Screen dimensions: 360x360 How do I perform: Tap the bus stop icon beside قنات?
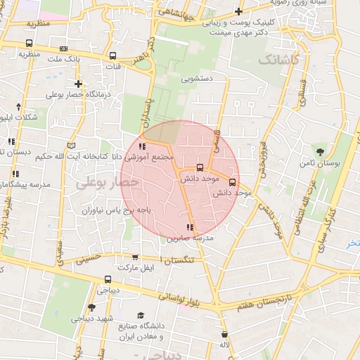pyautogui.click(x=113, y=56)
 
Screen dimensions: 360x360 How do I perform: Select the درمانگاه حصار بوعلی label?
pyautogui.click(x=75, y=94)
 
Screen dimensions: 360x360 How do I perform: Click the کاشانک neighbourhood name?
pyautogui.click(x=278, y=61)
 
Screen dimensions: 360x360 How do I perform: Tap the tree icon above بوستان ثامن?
pyautogui.click(x=320, y=151)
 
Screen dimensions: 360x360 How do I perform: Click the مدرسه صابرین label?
pyautogui.click(x=190, y=238)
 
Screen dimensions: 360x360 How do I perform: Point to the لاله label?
pyautogui.click(x=224, y=345)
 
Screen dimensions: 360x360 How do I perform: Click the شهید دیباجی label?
pyautogui.click(x=91, y=318)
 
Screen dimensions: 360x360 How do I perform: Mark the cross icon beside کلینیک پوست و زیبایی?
pyautogui.click(x=240, y=11)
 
